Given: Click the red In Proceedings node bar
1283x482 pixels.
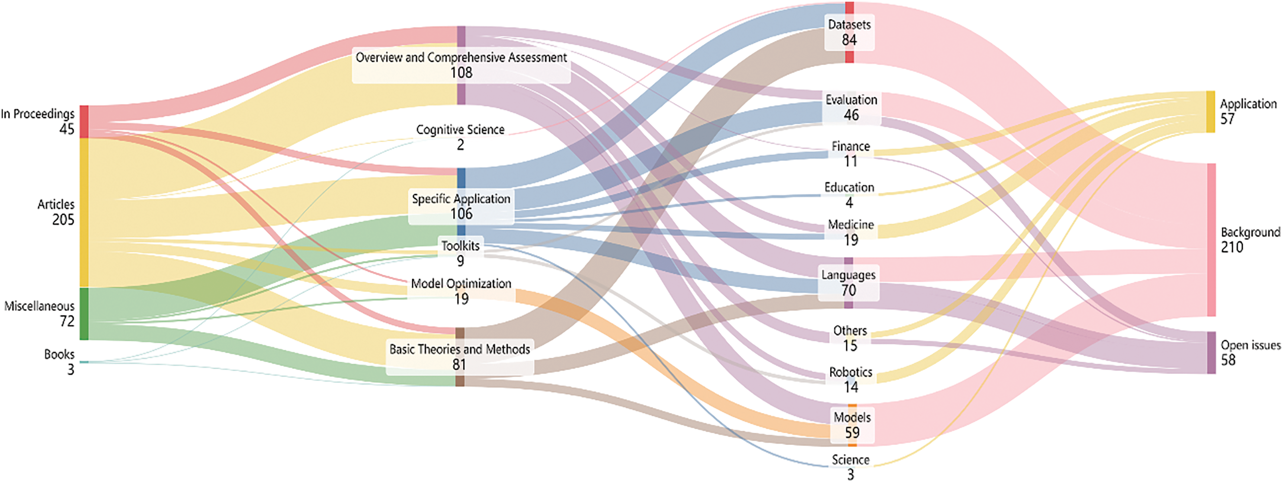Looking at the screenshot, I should pyautogui.click(x=84, y=122).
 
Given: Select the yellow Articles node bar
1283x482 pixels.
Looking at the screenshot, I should pyautogui.click(x=84, y=212).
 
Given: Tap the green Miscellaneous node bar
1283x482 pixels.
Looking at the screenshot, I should pyautogui.click(x=84, y=314).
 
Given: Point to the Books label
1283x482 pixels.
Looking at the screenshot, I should pyautogui.click(x=59, y=355).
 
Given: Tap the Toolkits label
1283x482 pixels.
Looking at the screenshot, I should pyautogui.click(x=460, y=246).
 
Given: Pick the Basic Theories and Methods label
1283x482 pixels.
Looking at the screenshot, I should pyautogui.click(x=459, y=349).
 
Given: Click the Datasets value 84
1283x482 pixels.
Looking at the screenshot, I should pyautogui.click(x=849, y=40).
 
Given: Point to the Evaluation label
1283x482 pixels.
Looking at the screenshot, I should pyautogui.click(x=851, y=100).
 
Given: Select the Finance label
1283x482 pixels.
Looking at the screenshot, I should pyautogui.click(x=851, y=147).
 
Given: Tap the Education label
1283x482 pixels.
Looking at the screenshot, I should pyautogui.click(x=849, y=188).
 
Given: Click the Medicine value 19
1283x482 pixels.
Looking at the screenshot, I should pyautogui.click(x=851, y=240).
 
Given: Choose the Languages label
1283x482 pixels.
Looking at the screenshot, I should pyautogui.click(x=848, y=275).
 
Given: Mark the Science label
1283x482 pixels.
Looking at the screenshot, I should pyautogui.click(x=850, y=459).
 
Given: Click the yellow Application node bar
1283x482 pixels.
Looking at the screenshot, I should pyautogui.click(x=1210, y=111).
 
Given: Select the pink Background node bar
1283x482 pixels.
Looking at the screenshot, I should pyautogui.click(x=1211, y=239).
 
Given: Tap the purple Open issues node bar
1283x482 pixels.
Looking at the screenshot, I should pyautogui.click(x=1211, y=353).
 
